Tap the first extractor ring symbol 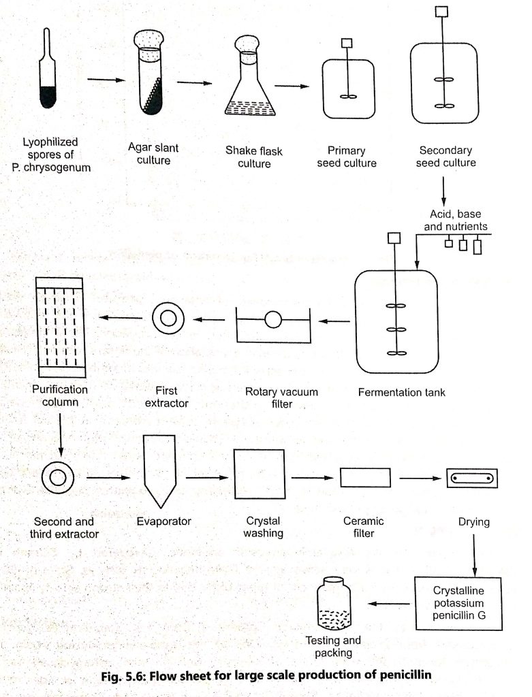[166, 318]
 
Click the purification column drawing [59, 327]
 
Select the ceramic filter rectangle [365, 477]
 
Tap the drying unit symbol [472, 479]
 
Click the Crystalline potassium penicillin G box [458, 603]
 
